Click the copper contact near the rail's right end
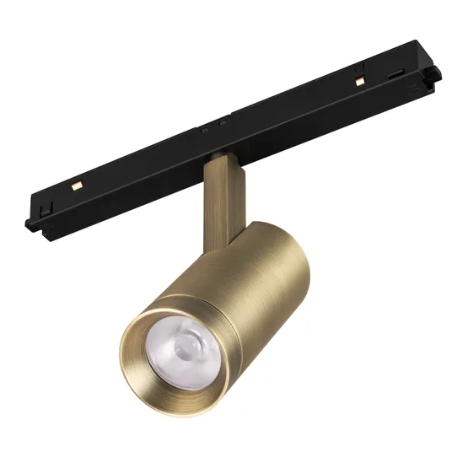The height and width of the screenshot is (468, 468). (x=358, y=80)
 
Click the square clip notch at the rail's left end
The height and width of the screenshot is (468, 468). (x=45, y=204)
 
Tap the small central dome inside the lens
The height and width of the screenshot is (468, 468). (x=186, y=345)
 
